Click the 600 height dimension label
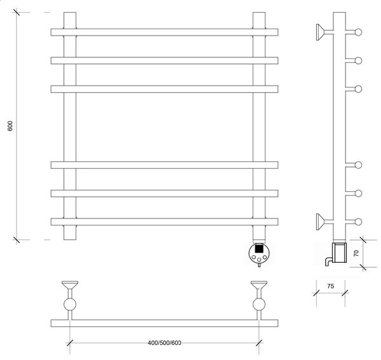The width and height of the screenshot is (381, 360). click(10, 126)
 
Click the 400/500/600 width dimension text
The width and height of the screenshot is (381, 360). click(164, 343)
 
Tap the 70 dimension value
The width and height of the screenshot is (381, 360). click(356, 253)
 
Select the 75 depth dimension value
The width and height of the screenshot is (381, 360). click(330, 286)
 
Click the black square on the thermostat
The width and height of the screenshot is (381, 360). click(259, 249)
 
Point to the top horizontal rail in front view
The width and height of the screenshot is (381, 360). click(164, 32)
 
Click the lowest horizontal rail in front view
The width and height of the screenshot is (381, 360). click(164, 222)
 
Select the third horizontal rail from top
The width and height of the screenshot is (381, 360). click(164, 89)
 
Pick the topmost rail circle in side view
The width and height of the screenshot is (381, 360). click(358, 32)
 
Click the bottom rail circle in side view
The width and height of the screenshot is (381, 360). click(358, 222)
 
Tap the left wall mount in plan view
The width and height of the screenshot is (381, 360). click(70, 285)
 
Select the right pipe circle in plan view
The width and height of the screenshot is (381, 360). click(259, 304)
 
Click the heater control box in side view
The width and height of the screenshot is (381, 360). click(340, 253)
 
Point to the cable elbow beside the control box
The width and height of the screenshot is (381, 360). click(328, 262)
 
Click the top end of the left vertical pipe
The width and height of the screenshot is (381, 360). click(70, 13)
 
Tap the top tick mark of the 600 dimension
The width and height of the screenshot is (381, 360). click(17, 12)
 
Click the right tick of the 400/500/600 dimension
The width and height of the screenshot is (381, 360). click(259, 343)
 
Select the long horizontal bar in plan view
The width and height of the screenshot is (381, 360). click(164, 323)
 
